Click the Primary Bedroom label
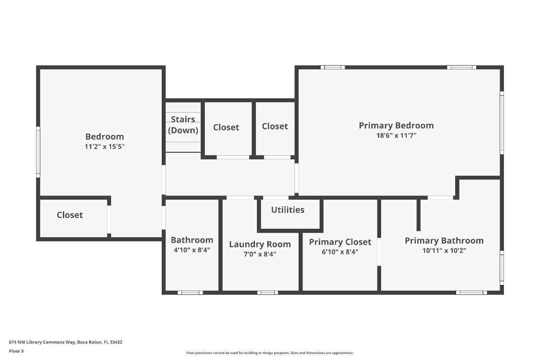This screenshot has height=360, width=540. [396, 125]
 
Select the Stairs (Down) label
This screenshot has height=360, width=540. [183, 125]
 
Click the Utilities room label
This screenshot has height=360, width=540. [287, 210]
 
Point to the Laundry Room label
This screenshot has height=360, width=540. [260, 244]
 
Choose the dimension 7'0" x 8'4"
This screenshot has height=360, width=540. [260, 254]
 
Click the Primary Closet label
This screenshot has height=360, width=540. [340, 242]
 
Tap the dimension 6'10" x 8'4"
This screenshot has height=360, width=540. [340, 252]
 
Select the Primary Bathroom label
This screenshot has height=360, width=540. [444, 240]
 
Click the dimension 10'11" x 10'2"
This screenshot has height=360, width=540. [444, 250]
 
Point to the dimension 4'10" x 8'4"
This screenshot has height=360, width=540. [192, 250]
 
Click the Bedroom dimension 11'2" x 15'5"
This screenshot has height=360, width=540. [105, 146]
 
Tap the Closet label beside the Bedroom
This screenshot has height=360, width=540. [70, 215]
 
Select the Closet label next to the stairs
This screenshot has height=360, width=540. [226, 127]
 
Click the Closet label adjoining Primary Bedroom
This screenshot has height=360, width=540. [275, 126]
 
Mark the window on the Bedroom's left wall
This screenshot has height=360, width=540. [38, 151]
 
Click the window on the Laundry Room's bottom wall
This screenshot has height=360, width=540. [267, 292]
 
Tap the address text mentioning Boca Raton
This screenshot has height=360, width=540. [66, 342]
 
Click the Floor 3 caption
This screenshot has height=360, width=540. [16, 351]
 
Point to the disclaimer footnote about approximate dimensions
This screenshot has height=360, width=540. [270, 353]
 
